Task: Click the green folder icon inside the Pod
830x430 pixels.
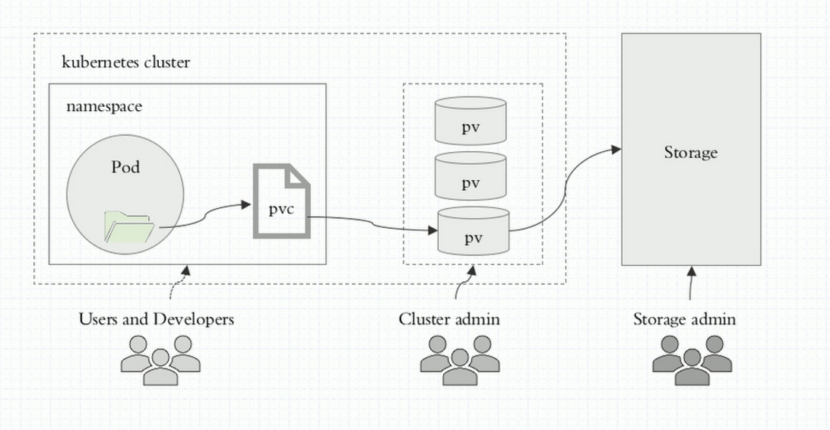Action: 128,227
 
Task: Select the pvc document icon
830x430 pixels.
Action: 281,201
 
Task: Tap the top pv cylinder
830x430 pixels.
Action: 470,121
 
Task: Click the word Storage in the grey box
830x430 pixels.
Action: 690,153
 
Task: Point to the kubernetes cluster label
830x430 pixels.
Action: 125,62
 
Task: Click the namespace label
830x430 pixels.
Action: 104,106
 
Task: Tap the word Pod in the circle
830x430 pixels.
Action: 125,167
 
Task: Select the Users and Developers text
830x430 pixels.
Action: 157,319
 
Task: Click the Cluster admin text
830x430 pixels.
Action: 449,319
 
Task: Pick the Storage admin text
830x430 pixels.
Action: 684,319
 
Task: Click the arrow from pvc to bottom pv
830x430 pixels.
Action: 372,224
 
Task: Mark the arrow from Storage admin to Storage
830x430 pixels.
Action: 691,285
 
